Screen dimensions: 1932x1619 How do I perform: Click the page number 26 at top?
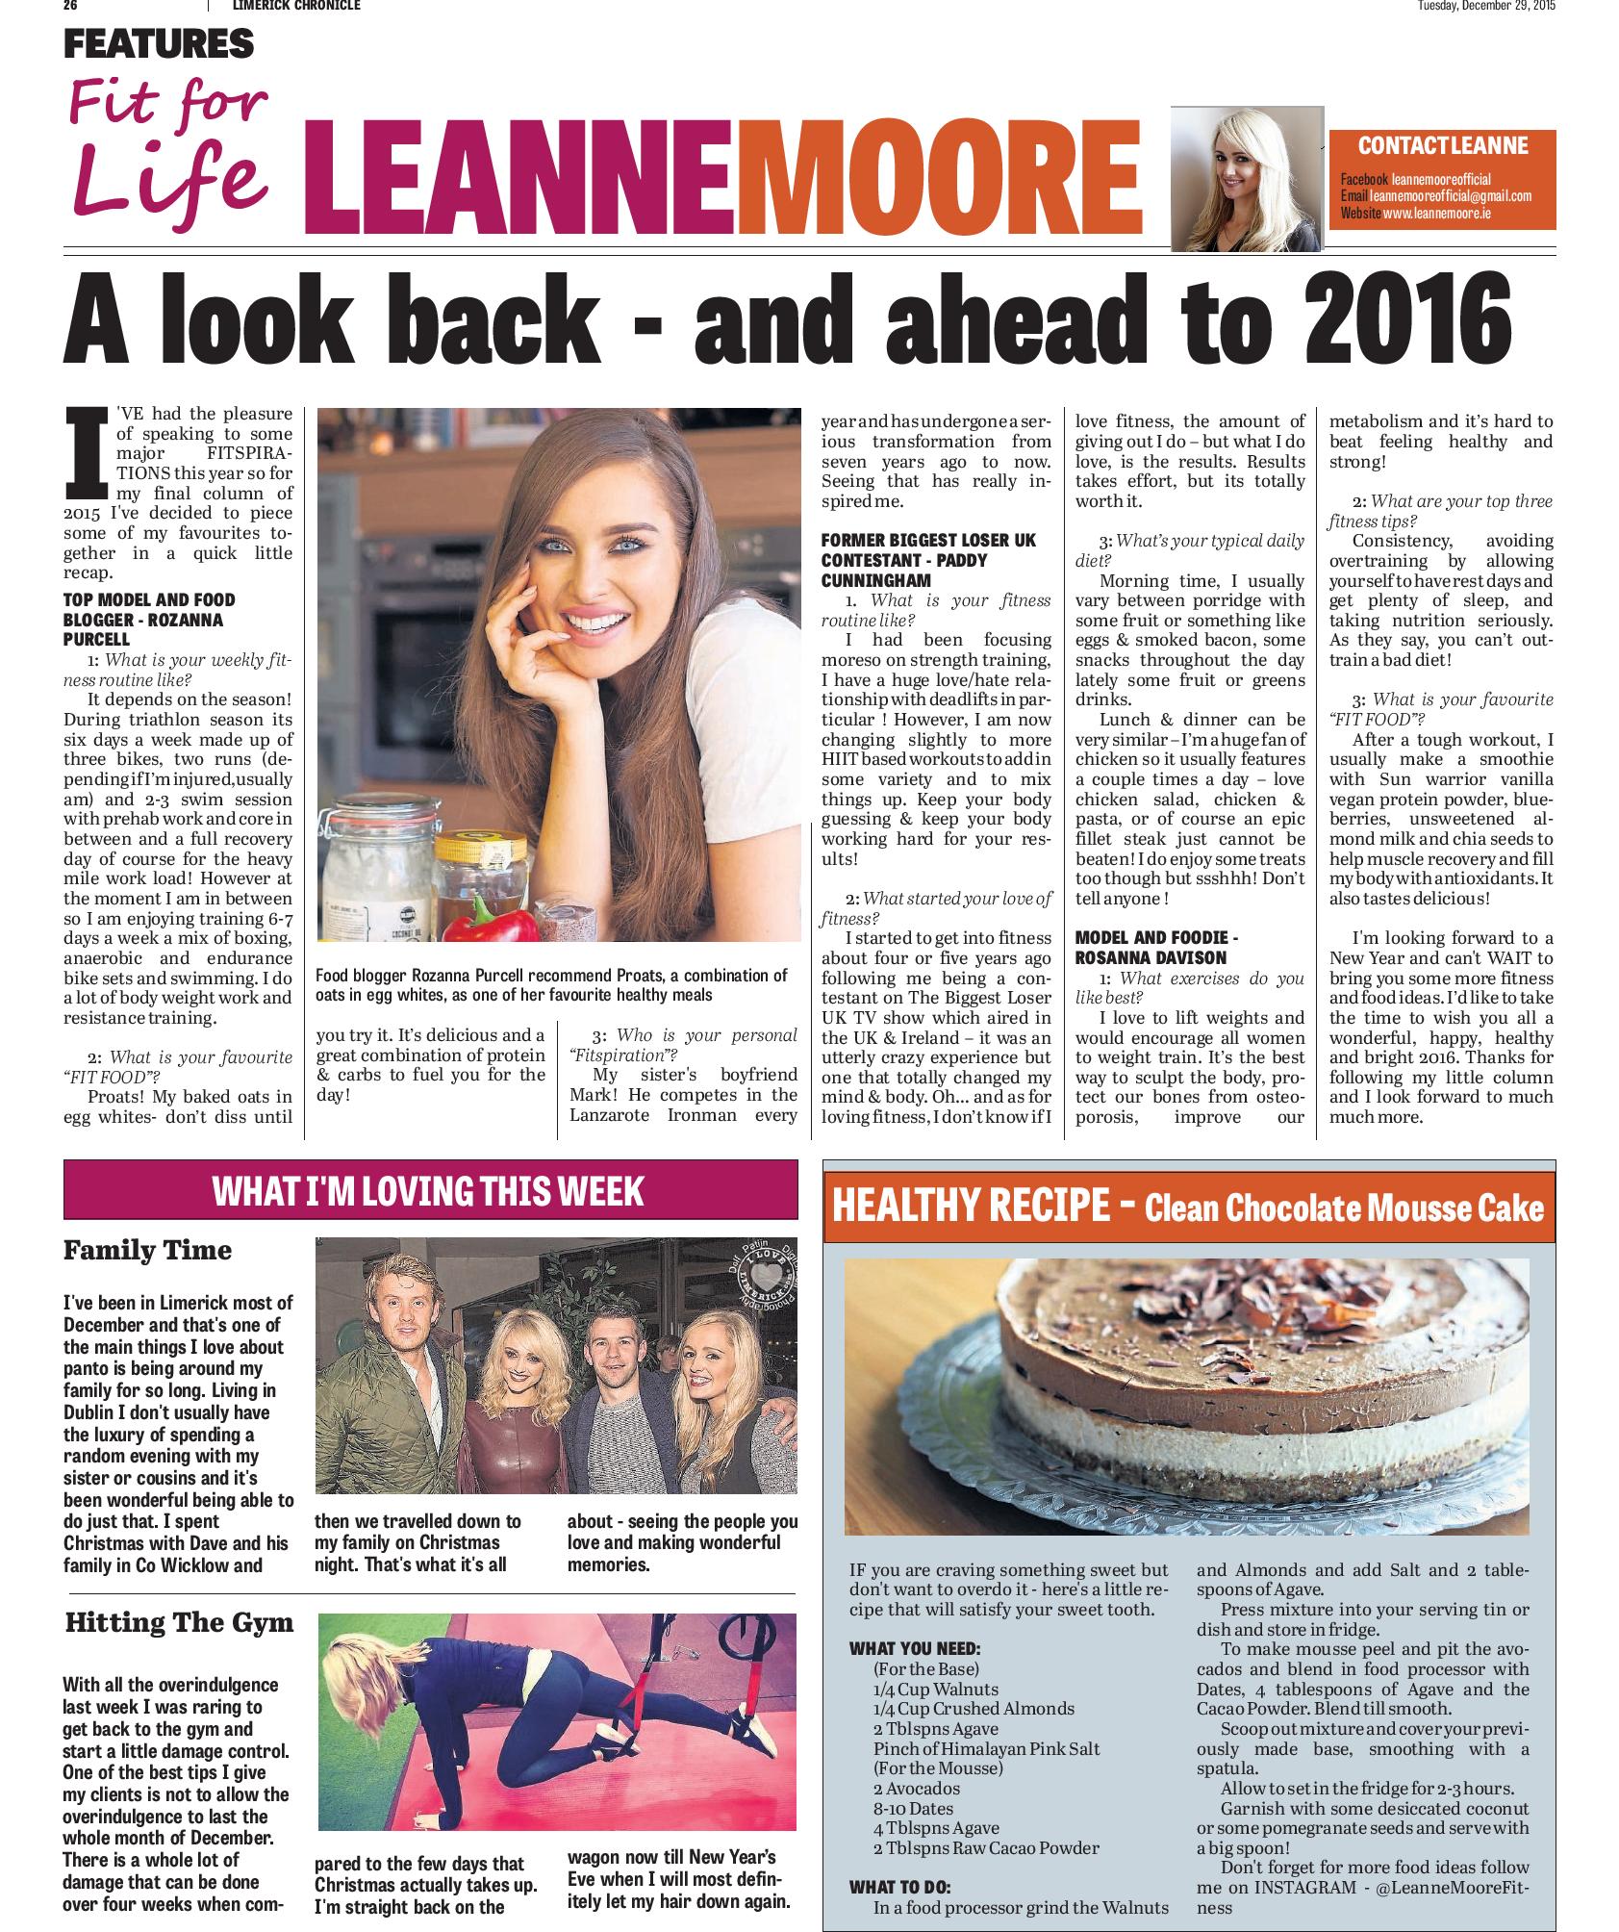pos(70,6)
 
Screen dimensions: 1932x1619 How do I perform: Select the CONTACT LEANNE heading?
pos(1442,146)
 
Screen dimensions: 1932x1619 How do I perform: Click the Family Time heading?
pos(147,1250)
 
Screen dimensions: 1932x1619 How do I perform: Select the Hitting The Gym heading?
pos(178,1622)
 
